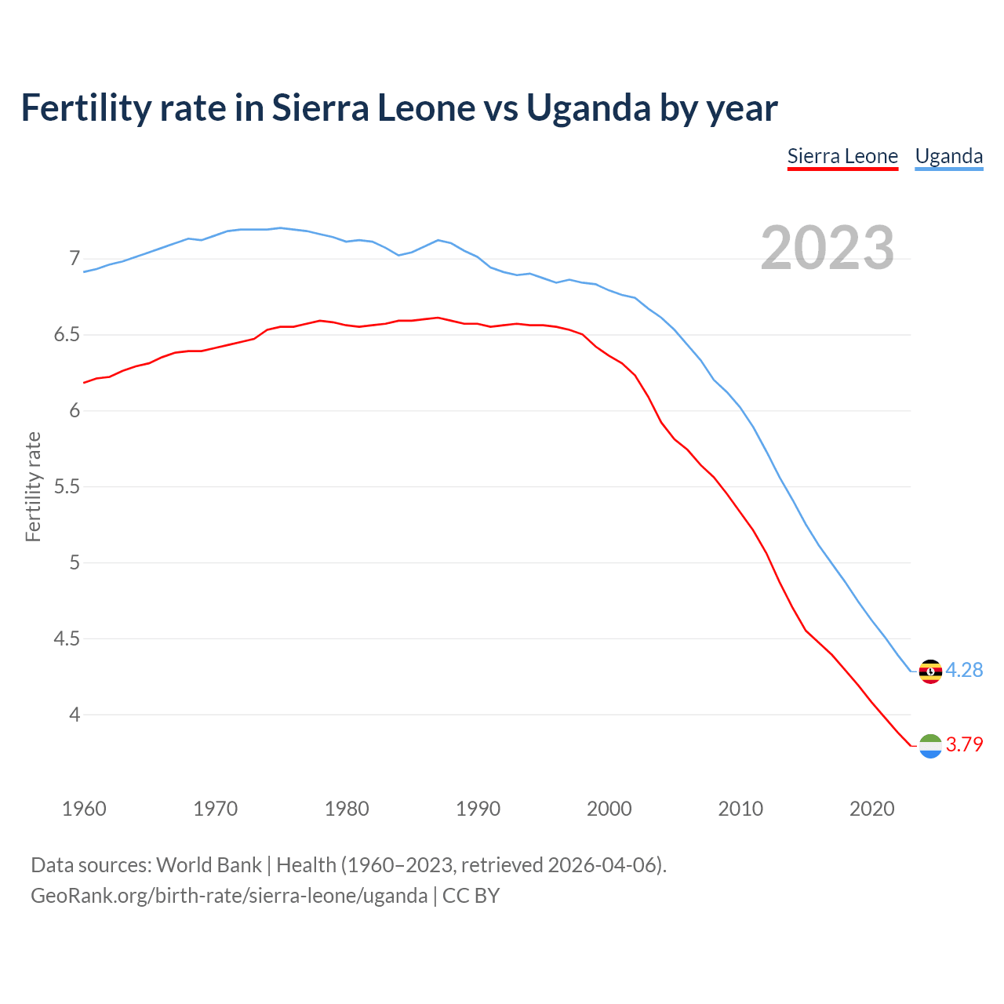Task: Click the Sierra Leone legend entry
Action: (x=842, y=156)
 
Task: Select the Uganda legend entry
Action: (x=948, y=156)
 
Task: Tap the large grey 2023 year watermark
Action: (x=828, y=248)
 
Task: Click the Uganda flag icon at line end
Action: (x=930, y=671)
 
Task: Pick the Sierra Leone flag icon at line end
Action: (x=930, y=745)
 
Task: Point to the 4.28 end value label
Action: (x=964, y=670)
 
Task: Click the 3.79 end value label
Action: (x=964, y=744)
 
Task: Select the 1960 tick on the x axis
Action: (x=84, y=809)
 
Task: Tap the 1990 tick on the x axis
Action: (x=478, y=809)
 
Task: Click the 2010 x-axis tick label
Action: (x=740, y=809)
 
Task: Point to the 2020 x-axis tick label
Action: (x=871, y=809)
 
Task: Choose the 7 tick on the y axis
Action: (x=75, y=258)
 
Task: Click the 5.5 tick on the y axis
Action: (x=67, y=486)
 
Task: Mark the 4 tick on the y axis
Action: (x=75, y=715)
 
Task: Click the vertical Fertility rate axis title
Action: (x=33, y=486)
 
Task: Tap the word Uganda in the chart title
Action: (x=588, y=108)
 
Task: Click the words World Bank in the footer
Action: (x=209, y=865)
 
